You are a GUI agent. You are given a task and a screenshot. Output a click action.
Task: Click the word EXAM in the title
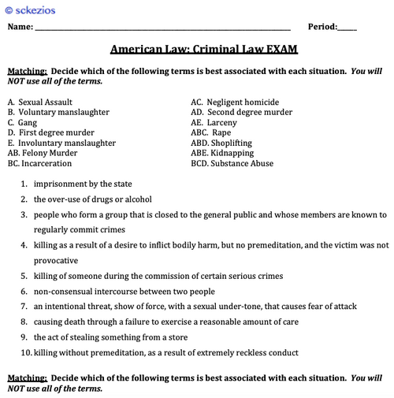pos(281,49)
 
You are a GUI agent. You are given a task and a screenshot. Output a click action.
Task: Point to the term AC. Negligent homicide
pos(234,102)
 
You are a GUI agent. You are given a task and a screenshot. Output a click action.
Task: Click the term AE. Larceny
pos(219,123)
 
